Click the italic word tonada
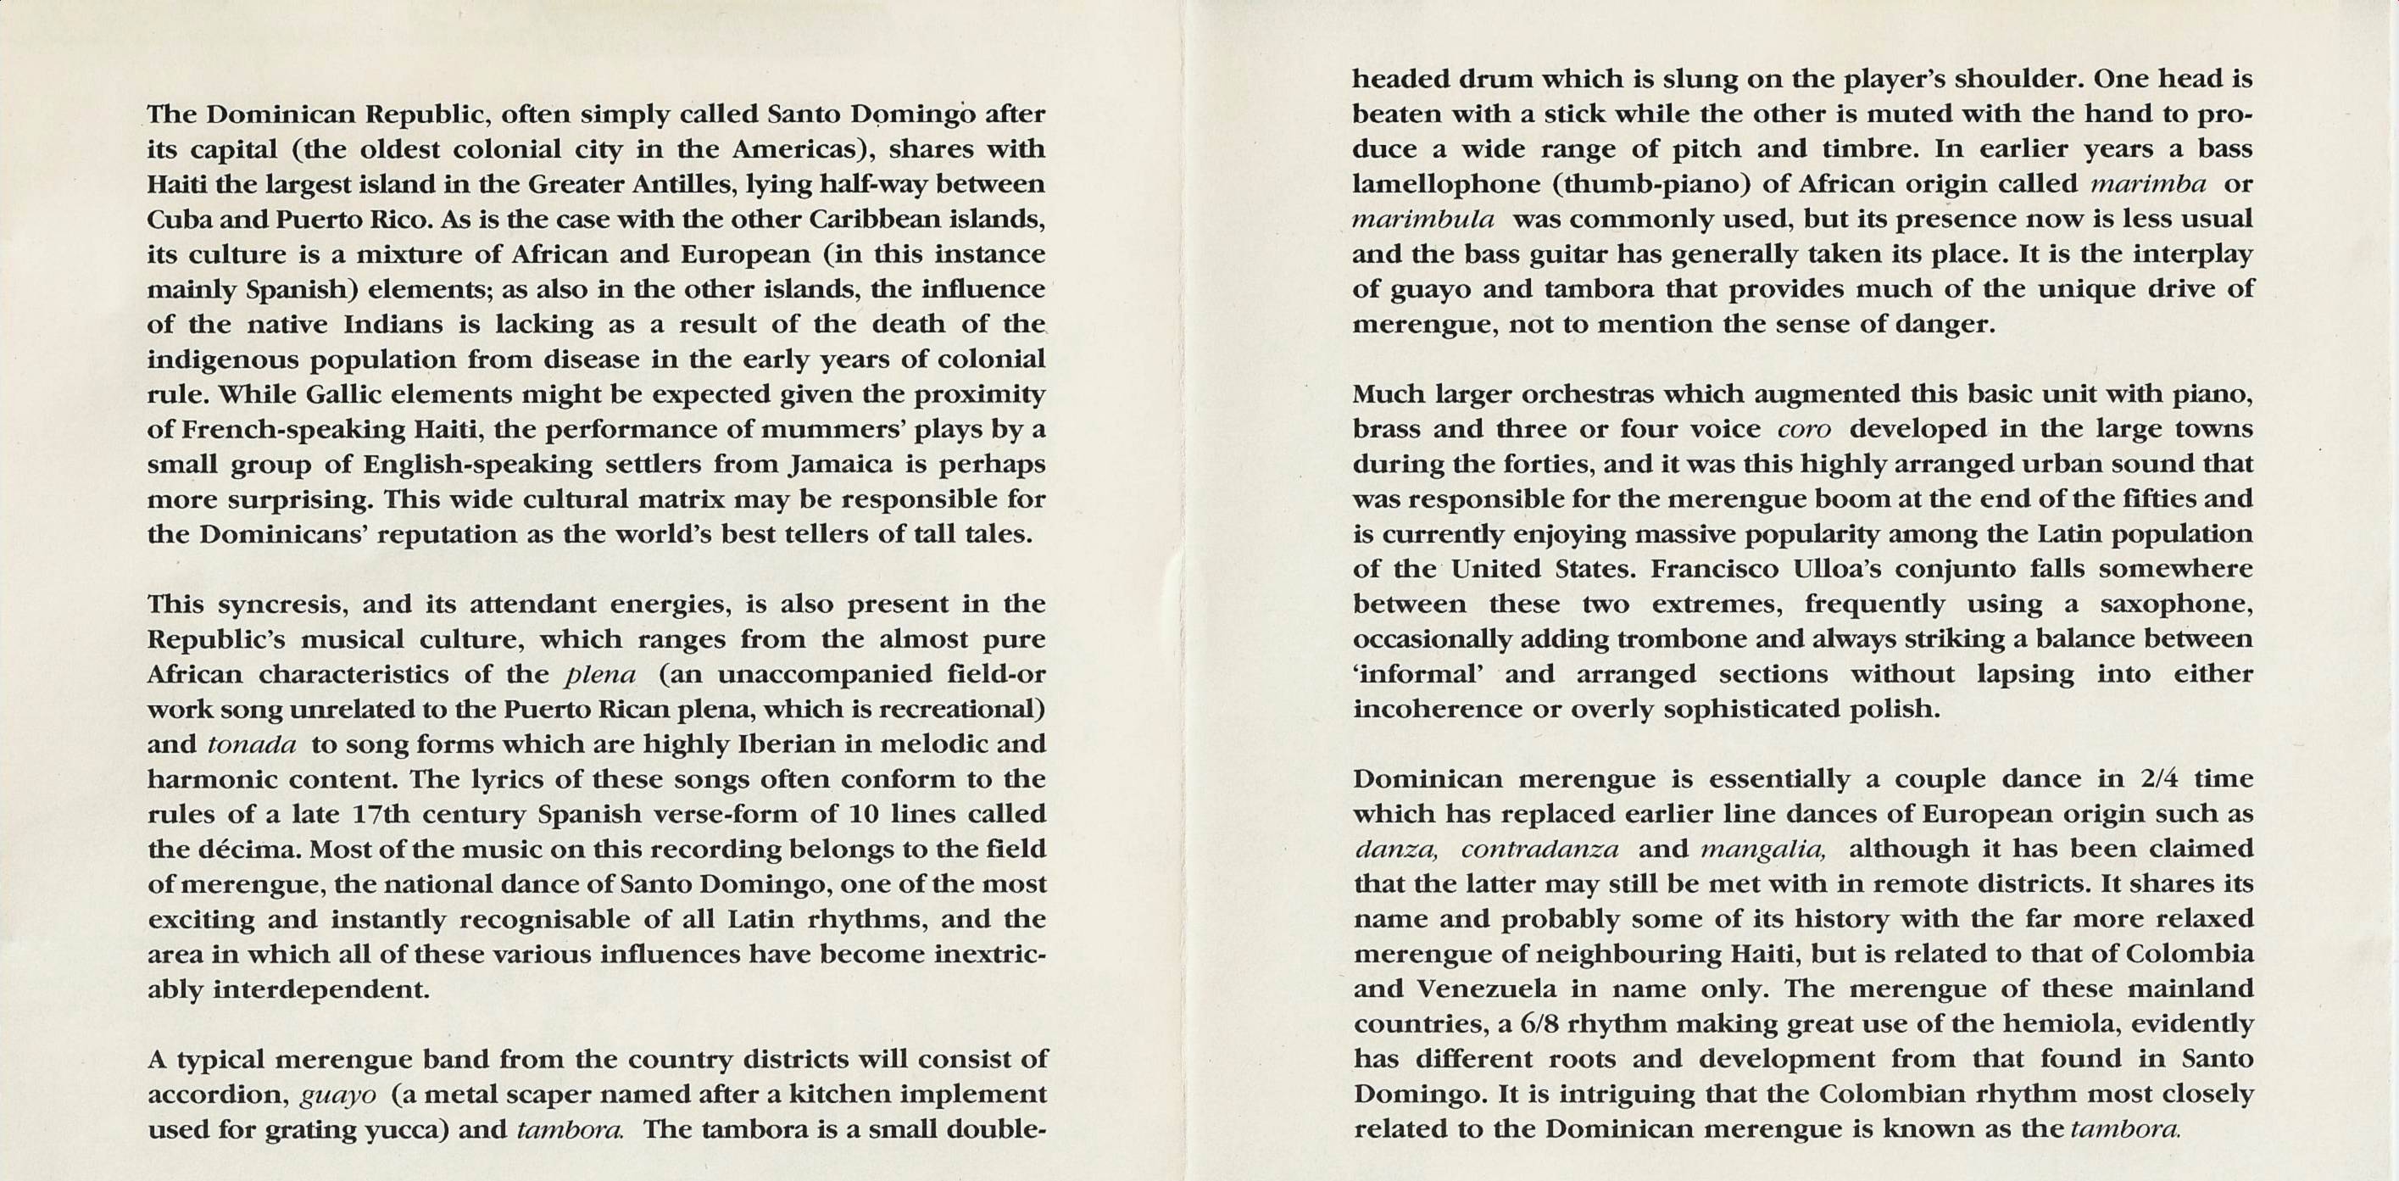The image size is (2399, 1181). coord(252,744)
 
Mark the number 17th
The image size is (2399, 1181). coord(381,814)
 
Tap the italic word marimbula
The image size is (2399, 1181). coord(1423,220)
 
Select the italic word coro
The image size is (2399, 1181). coord(1804,429)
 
